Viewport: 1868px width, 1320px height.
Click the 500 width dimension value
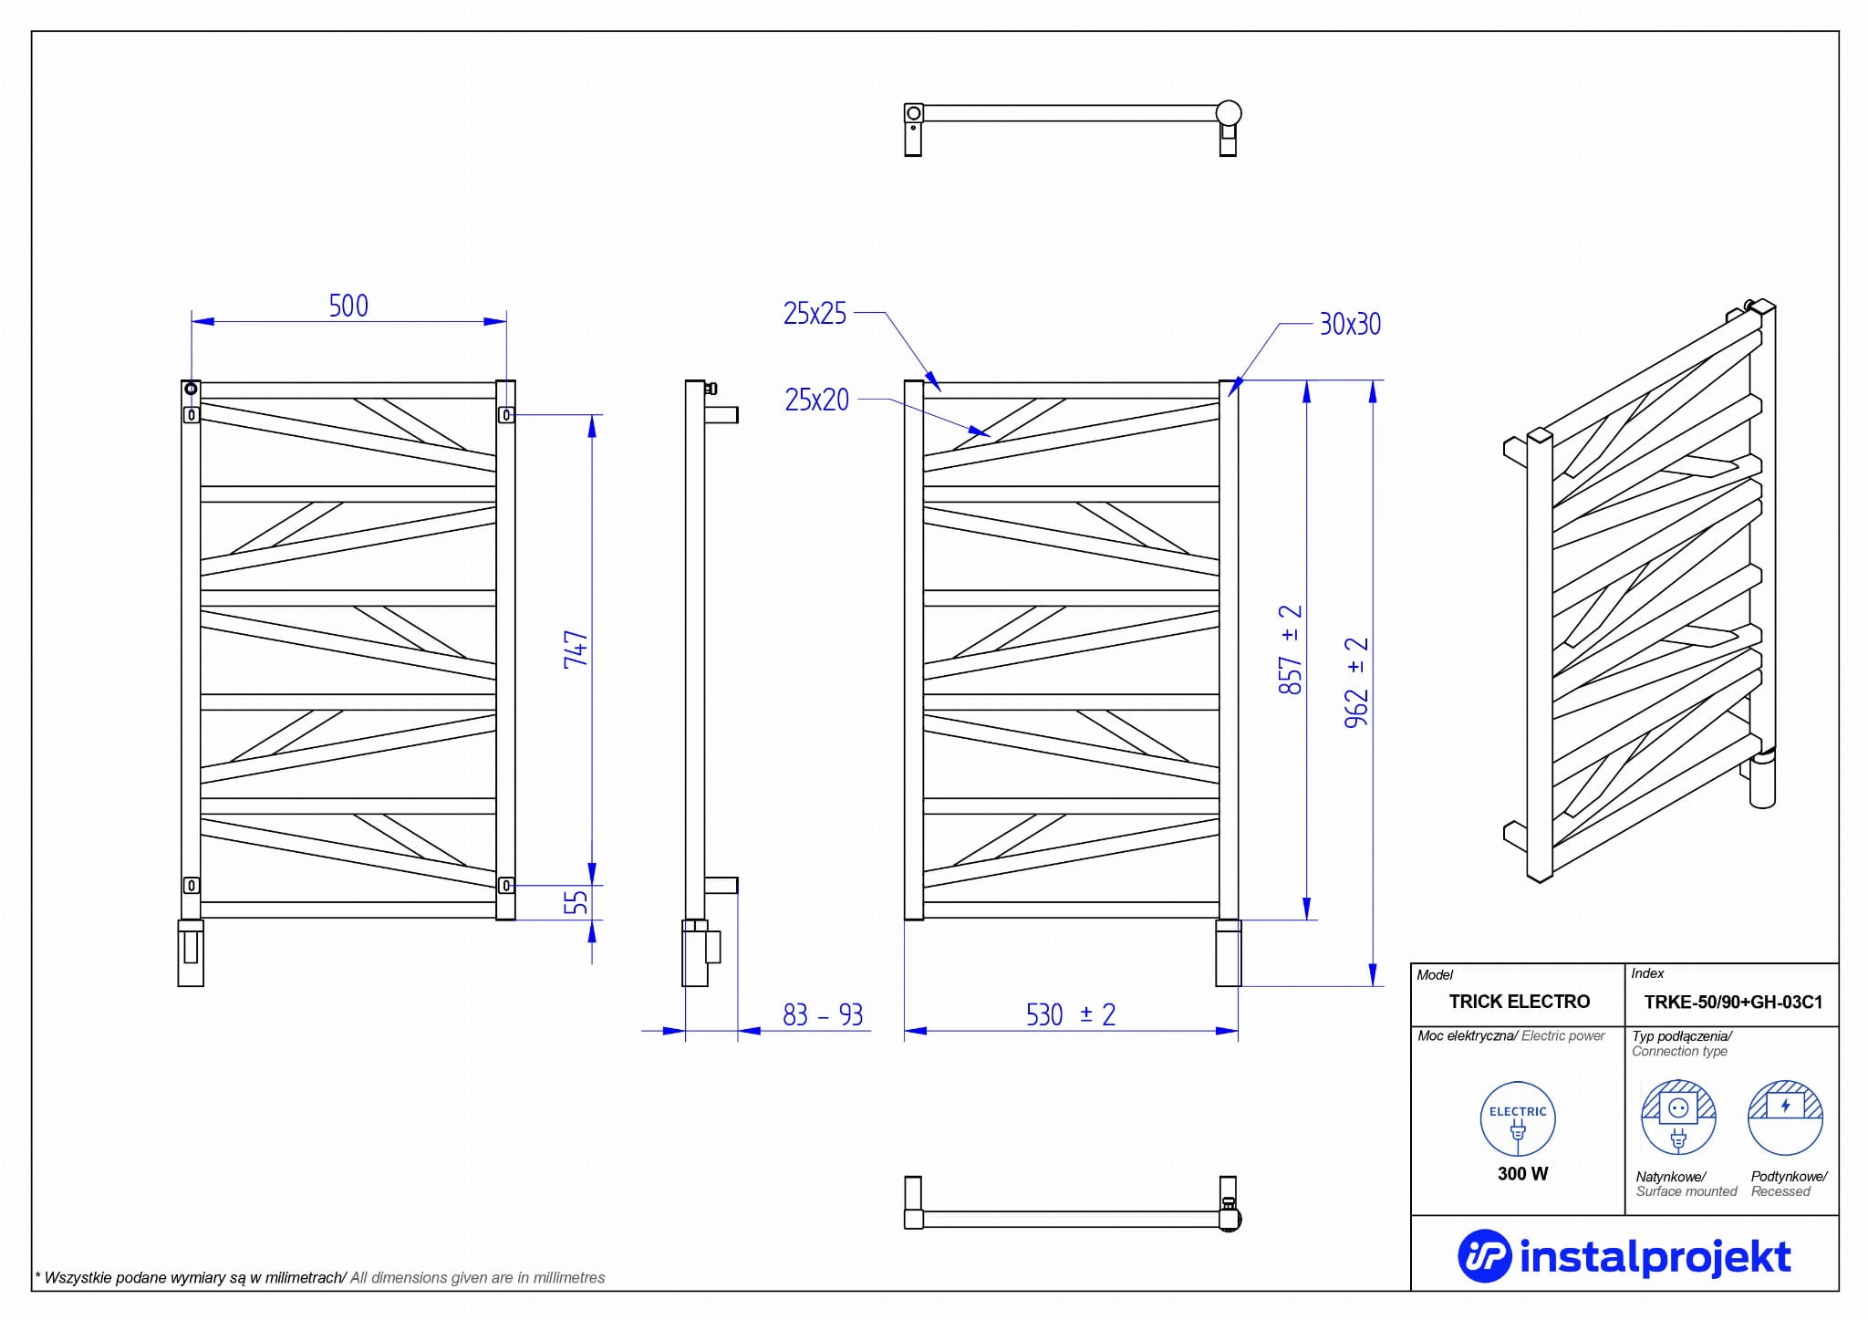click(x=348, y=306)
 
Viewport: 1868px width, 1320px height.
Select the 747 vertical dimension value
click(x=576, y=650)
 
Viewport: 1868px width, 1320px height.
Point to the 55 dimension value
click(x=576, y=903)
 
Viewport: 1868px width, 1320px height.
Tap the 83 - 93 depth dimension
click(x=823, y=1014)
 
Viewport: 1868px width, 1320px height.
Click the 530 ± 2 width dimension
click(x=1071, y=1014)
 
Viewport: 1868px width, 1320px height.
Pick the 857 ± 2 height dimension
click(x=1291, y=650)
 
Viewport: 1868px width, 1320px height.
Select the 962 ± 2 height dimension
click(x=1357, y=682)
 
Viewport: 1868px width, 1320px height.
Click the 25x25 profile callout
click(x=815, y=314)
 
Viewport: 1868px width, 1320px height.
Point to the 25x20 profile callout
click(x=817, y=400)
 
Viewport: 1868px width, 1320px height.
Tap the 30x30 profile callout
click(x=1350, y=324)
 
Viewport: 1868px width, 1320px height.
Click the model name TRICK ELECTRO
click(x=1520, y=1002)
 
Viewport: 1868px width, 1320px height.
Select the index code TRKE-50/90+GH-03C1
click(x=1733, y=1003)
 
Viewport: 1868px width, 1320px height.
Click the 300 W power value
click(x=1522, y=1174)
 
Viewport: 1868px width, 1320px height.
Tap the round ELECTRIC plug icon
click(x=1518, y=1119)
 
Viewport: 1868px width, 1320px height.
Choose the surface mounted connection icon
click(x=1678, y=1117)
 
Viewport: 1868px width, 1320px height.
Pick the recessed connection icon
click(x=1785, y=1117)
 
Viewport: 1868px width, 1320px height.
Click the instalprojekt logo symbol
click(x=1484, y=1257)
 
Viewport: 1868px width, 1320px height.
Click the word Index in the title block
click(x=1647, y=974)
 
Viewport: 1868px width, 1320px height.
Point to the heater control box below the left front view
click(x=191, y=953)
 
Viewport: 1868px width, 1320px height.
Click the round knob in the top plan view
click(x=1229, y=113)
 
